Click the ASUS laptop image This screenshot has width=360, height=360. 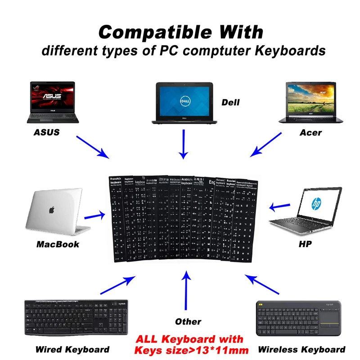click(53, 102)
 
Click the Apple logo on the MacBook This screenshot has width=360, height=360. click(51, 210)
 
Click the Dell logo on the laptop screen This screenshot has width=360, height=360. click(183, 99)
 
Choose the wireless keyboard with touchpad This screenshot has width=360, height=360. click(300, 319)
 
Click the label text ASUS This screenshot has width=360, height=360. click(46, 133)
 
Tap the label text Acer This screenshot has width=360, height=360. click(310, 133)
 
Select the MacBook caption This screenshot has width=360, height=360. click(58, 244)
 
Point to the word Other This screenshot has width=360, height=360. click(188, 322)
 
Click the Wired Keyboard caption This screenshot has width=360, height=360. click(72, 349)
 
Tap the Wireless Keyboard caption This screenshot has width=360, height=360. click(301, 349)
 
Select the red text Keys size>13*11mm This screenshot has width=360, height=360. click(191, 350)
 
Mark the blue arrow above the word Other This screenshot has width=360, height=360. click(186, 292)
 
